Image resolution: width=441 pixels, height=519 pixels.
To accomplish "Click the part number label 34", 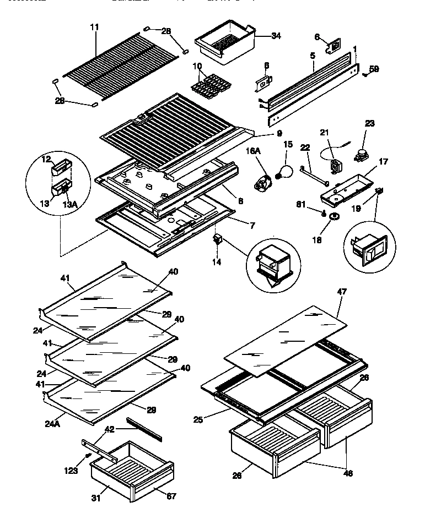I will coord(276,36).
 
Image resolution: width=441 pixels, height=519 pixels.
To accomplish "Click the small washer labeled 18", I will coord(332,219).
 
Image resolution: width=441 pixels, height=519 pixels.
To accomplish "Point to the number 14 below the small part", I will coord(217,262).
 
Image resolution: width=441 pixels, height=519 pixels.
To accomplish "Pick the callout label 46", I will coord(348,473).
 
